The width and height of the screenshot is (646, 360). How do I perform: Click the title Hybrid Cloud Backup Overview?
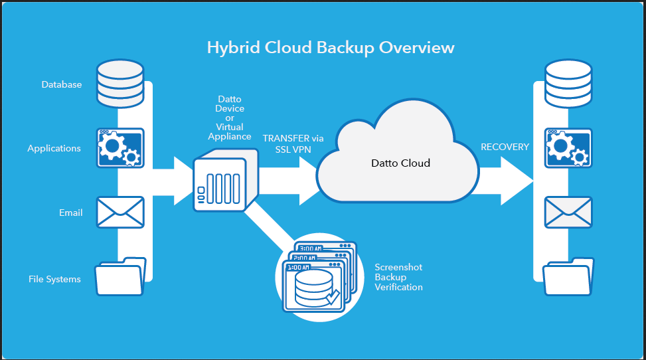point(331,48)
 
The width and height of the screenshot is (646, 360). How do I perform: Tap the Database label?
point(62,84)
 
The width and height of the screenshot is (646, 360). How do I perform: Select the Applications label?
point(54,148)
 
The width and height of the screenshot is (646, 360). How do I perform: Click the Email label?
point(70,213)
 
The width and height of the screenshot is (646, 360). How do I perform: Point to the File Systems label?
point(54,279)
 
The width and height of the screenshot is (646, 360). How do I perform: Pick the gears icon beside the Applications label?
point(120,147)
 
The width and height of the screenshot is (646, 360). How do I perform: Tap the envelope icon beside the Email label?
point(120,212)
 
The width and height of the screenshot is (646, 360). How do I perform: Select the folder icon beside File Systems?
point(120,276)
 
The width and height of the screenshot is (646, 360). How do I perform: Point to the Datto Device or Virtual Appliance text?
point(230,118)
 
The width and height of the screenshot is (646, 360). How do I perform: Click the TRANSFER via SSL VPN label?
point(293,143)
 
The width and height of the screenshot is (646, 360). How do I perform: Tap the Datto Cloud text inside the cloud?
point(400,163)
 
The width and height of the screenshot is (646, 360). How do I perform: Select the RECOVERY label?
point(505,146)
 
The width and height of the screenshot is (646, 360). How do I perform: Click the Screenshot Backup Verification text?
point(398,277)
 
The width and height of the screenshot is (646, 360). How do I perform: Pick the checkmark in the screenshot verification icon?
point(332,296)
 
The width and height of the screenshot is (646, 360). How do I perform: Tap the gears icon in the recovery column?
point(568,147)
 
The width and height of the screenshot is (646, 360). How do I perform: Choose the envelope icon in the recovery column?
point(568,212)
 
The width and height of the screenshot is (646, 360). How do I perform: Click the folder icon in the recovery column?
point(568,276)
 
